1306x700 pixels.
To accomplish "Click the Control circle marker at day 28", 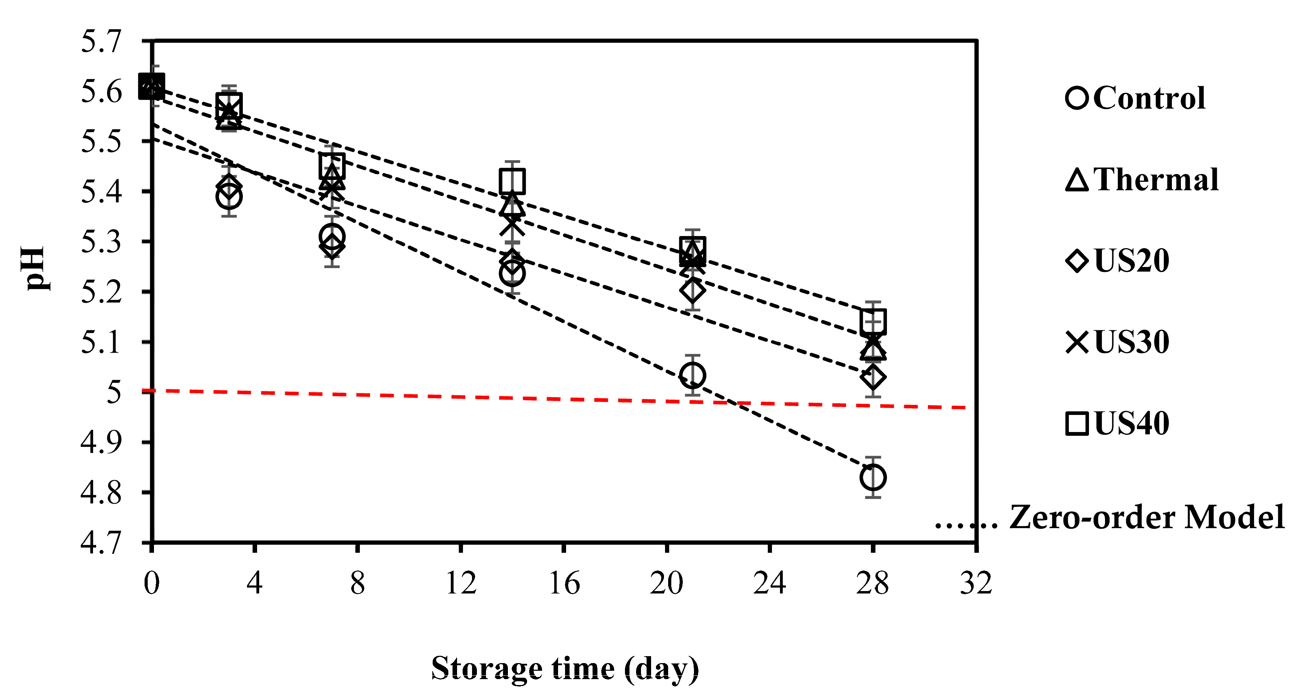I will pyautogui.click(x=873, y=477).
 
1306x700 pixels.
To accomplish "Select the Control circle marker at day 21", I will pyautogui.click(x=693, y=375).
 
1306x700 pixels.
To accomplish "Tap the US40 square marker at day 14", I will pyautogui.click(x=512, y=181).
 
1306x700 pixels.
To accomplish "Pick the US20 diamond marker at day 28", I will pyautogui.click(x=873, y=377).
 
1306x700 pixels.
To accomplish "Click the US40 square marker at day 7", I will pyautogui.click(x=332, y=166).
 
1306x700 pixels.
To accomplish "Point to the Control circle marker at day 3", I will pyautogui.click(x=229, y=197).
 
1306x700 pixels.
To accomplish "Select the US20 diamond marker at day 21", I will pyautogui.click(x=693, y=290).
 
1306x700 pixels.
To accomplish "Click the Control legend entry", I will pyautogui.click(x=1136, y=98).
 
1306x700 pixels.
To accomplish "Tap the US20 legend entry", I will pyautogui.click(x=1118, y=261).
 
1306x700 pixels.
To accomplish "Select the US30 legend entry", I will pyautogui.click(x=1118, y=342).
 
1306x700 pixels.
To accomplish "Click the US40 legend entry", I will pyautogui.click(x=1118, y=423).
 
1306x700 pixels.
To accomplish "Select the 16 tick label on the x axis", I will pyautogui.click(x=564, y=583).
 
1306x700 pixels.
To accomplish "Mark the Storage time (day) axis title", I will pyautogui.click(x=565, y=669).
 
